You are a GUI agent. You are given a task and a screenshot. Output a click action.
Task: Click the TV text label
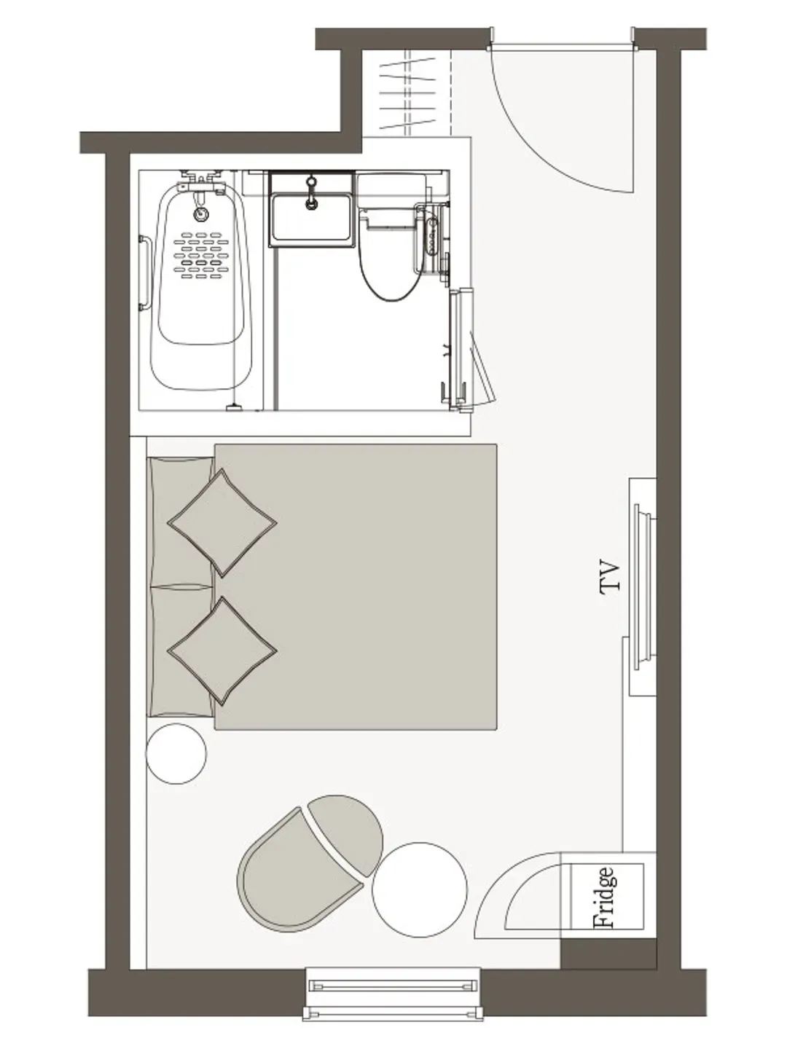(609, 576)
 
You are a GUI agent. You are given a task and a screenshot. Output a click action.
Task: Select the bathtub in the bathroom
(201, 287)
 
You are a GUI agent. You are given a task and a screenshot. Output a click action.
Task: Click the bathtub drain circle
(201, 213)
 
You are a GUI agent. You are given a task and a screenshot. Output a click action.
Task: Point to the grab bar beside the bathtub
(144, 273)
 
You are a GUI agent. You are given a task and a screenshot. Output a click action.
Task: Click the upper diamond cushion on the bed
(222, 523)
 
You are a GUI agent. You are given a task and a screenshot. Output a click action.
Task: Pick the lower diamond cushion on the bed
(222, 651)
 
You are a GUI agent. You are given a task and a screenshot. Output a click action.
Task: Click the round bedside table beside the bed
(176, 754)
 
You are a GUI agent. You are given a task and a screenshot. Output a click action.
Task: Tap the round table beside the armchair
(420, 890)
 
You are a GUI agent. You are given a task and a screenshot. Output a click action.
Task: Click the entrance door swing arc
(540, 157)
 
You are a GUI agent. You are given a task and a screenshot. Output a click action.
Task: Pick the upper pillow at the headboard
(182, 521)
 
